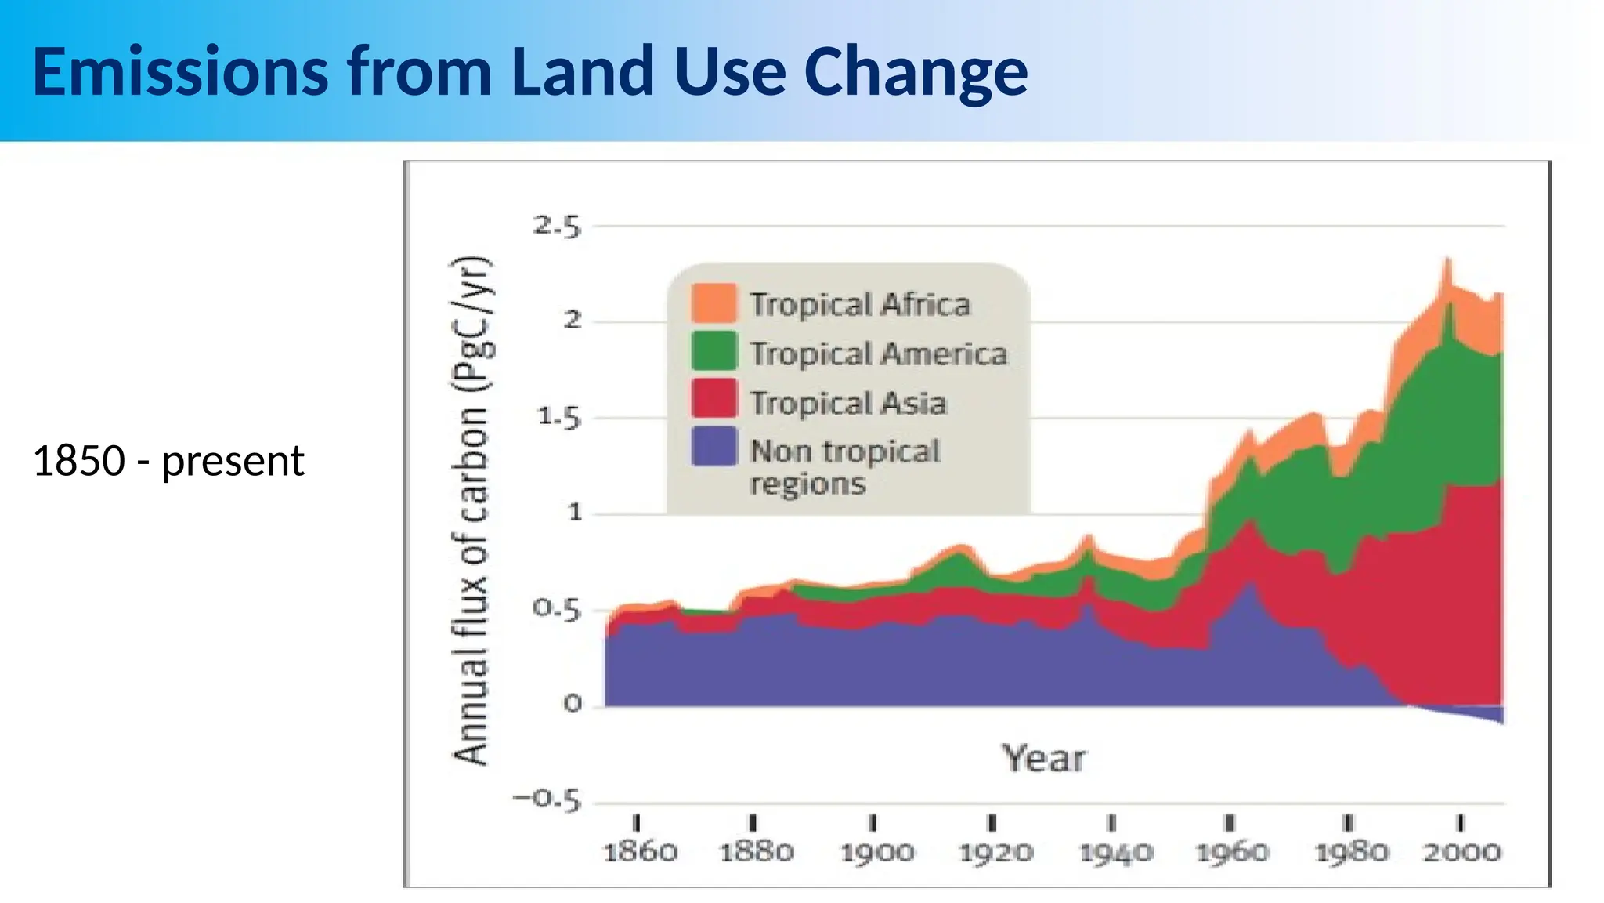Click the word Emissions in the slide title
tap(180, 72)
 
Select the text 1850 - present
tap(168, 461)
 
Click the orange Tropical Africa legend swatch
tap(713, 303)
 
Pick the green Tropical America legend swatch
tap(713, 351)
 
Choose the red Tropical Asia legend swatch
tap(713, 399)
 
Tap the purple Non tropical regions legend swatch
tap(713, 447)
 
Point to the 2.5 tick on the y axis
tap(557, 227)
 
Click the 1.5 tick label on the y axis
tap(558, 418)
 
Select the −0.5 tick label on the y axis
tap(547, 800)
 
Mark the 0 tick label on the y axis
tap(573, 704)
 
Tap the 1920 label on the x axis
tap(995, 852)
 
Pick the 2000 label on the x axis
tap(1461, 852)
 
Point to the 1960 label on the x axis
tap(1232, 852)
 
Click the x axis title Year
tap(1043, 759)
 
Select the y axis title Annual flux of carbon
tap(471, 510)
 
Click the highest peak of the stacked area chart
tap(1447, 262)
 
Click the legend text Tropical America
tap(878, 354)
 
